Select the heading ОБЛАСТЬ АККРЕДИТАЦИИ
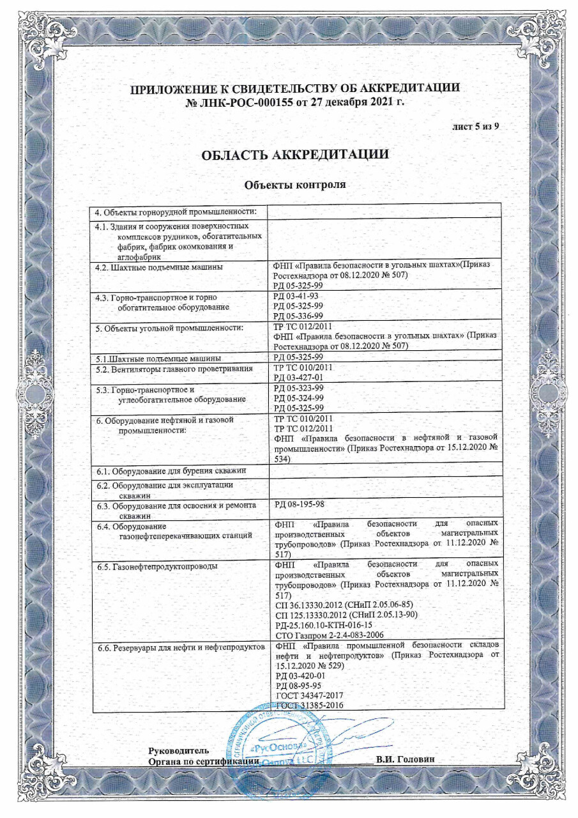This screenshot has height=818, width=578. (295, 155)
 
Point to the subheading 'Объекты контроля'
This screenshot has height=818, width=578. (295, 185)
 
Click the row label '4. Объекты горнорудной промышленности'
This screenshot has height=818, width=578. (176, 212)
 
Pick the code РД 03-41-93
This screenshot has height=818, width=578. (291, 297)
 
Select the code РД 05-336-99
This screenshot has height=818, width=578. (294, 316)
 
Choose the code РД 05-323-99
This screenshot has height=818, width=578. (294, 388)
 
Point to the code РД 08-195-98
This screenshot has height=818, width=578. (294, 504)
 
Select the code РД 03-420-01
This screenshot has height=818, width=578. (294, 675)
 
